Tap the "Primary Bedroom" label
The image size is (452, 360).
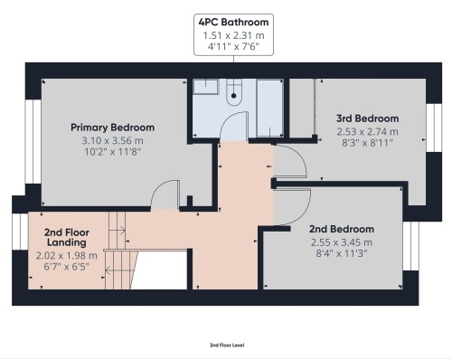pos(113,128)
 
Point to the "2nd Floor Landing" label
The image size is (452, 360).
pos(67,237)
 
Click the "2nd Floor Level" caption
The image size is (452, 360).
pos(226,345)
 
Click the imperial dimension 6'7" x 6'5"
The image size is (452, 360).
pos(67,269)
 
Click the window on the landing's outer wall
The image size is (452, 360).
pos(17,245)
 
